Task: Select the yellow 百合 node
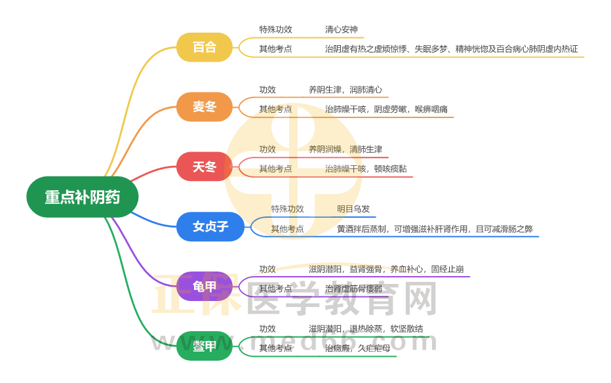pyautogui.click(x=205, y=47)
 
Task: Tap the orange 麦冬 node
pyautogui.click(x=205, y=107)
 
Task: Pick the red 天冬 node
pyautogui.click(x=205, y=167)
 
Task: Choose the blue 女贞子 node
pyautogui.click(x=210, y=226)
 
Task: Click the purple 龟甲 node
pyautogui.click(x=205, y=286)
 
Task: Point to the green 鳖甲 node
pyautogui.click(x=205, y=346)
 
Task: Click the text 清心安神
pyautogui.click(x=341, y=30)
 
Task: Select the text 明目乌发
pyautogui.click(x=353, y=209)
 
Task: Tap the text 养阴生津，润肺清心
pyautogui.click(x=345, y=90)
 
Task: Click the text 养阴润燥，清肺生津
pyautogui.click(x=345, y=150)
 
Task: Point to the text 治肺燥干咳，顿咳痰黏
pyautogui.click(x=366, y=169)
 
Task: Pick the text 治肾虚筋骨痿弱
pyautogui.click(x=353, y=289)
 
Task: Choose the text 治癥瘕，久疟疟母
pyautogui.click(x=357, y=348)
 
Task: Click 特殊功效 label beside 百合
pyautogui.click(x=275, y=30)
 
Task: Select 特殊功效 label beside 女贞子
pyautogui.click(x=288, y=209)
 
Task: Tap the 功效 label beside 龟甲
pyautogui.click(x=267, y=269)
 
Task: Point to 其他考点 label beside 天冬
pyautogui.click(x=275, y=169)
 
